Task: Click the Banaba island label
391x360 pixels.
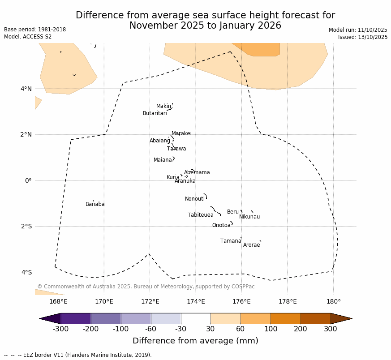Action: pyautogui.click(x=95, y=204)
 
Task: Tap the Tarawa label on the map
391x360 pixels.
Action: pyautogui.click(x=176, y=149)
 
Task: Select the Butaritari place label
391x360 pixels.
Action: pyautogui.click(x=155, y=113)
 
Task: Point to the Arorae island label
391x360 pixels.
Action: pyautogui.click(x=251, y=245)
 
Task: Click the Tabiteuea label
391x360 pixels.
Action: pyautogui.click(x=200, y=215)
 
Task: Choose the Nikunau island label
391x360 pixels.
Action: pyautogui.click(x=249, y=217)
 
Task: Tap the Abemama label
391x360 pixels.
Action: pyautogui.click(x=197, y=172)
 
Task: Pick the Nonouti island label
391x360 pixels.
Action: pyautogui.click(x=194, y=199)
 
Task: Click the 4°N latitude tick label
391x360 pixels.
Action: pyautogui.click(x=26, y=89)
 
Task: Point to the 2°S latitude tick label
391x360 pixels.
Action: pyautogui.click(x=26, y=226)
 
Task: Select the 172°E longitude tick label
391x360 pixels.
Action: pyautogui.click(x=150, y=301)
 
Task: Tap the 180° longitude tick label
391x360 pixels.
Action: pyautogui.click(x=333, y=301)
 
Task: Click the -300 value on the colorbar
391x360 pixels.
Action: pyautogui.click(x=60, y=329)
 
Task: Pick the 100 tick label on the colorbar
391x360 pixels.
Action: pyautogui.click(x=271, y=329)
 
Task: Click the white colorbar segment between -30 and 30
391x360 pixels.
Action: pyautogui.click(x=196, y=318)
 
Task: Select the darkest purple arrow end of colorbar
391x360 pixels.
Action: pyautogui.click(x=50, y=318)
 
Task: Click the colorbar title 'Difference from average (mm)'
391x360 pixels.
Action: pyautogui.click(x=195, y=341)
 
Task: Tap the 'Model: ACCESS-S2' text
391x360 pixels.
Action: pyautogui.click(x=28, y=37)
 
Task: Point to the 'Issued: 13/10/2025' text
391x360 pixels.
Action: pyautogui.click(x=362, y=37)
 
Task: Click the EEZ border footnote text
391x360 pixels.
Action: pyautogui.click(x=78, y=355)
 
